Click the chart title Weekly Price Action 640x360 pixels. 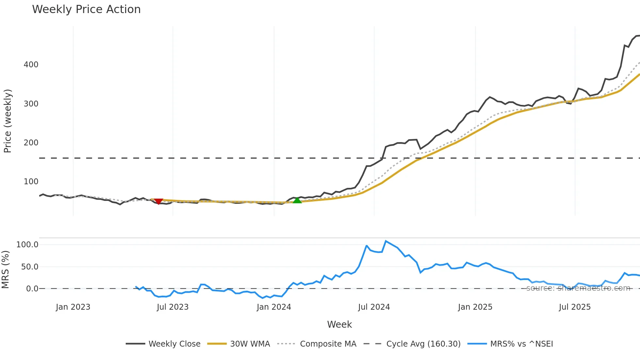(x=86, y=9)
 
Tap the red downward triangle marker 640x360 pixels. (x=158, y=201)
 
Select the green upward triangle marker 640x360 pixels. (x=297, y=200)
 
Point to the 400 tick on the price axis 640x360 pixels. (x=31, y=65)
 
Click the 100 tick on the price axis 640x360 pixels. (x=31, y=182)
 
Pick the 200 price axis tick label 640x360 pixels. (x=31, y=143)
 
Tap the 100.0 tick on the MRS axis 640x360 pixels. (x=27, y=245)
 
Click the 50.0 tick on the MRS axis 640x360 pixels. (x=30, y=267)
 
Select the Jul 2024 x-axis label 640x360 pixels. (x=374, y=307)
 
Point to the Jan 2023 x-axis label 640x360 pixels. (x=73, y=307)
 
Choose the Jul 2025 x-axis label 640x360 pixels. (x=575, y=307)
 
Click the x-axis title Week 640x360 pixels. (x=339, y=324)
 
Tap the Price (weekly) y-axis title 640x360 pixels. (x=8, y=121)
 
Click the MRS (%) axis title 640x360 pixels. (x=5, y=270)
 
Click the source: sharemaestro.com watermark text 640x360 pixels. (x=578, y=288)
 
